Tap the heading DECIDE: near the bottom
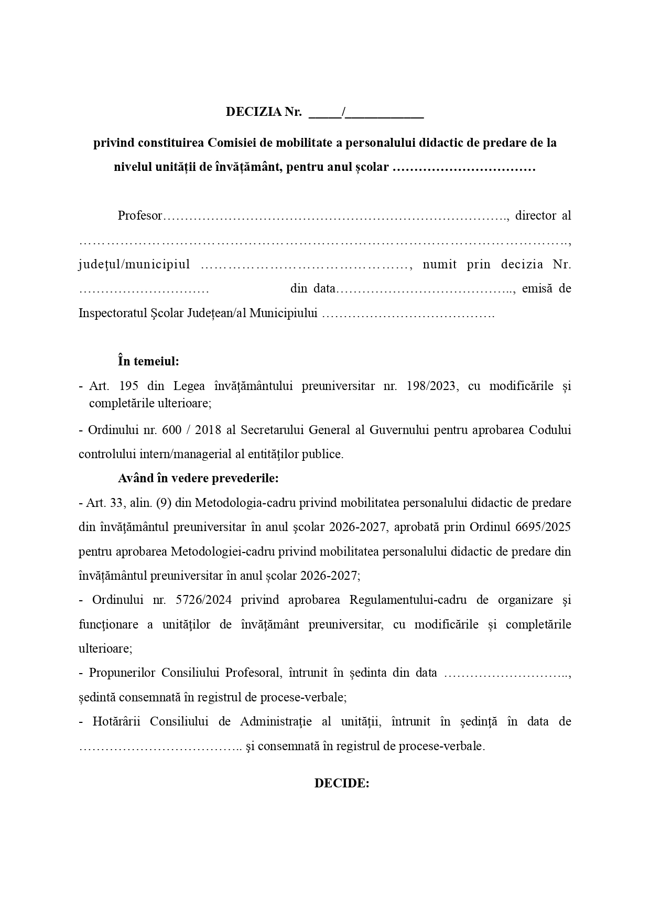342,783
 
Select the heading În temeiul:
148,361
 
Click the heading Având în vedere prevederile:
198,478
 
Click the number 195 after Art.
128,386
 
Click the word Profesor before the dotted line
139,215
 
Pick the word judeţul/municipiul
134,264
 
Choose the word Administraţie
276,721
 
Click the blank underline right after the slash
385,113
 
